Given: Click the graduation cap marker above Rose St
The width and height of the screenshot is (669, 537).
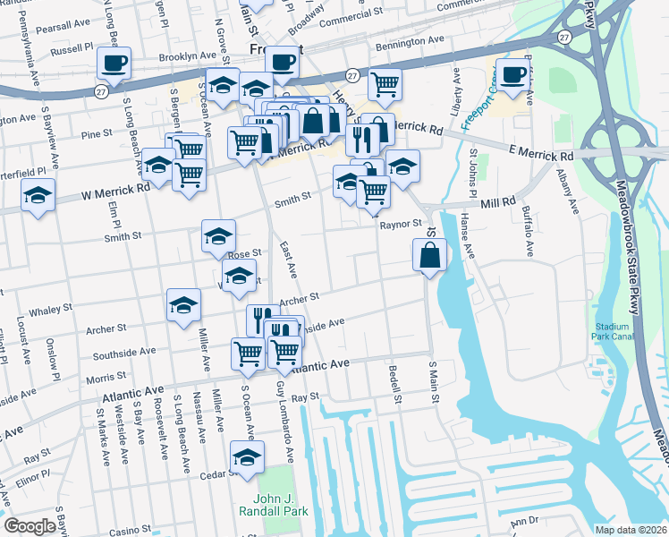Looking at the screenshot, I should [218, 236].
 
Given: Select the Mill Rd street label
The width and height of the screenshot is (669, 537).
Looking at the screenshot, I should [498, 203].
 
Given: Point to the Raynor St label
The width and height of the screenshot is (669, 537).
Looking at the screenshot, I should [400, 224].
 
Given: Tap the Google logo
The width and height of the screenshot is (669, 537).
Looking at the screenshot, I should [30, 526].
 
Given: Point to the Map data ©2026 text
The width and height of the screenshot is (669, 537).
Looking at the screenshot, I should [631, 530].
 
